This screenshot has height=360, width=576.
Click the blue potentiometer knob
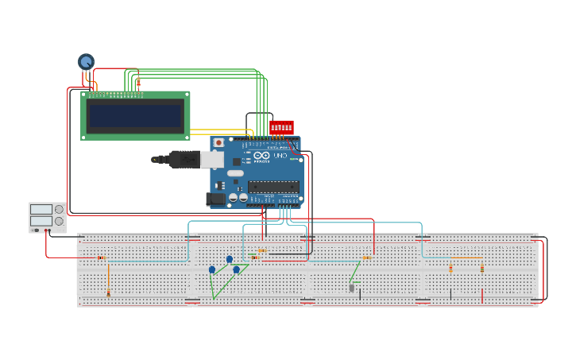[x=86, y=60]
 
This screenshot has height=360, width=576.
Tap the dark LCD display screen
[x=135, y=116]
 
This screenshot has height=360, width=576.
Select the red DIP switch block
[x=281, y=127]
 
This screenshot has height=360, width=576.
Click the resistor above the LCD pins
[x=138, y=83]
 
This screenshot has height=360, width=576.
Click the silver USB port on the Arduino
[x=211, y=159]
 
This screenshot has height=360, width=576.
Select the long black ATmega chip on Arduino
[x=273, y=187]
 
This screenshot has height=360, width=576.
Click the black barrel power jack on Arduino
[x=215, y=199]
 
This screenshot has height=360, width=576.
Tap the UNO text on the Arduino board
[x=280, y=157]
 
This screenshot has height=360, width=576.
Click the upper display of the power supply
[x=41, y=210]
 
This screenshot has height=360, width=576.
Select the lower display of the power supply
[x=41, y=221]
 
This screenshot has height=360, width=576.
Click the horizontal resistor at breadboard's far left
[x=101, y=257]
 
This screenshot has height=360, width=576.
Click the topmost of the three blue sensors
[x=230, y=259]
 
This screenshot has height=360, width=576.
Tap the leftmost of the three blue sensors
[x=212, y=269]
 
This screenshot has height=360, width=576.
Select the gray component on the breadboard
[x=352, y=288]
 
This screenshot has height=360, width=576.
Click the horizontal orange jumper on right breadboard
[x=466, y=257]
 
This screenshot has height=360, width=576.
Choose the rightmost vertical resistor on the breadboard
[x=481, y=269]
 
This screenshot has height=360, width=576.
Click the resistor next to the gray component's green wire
[x=366, y=257]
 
